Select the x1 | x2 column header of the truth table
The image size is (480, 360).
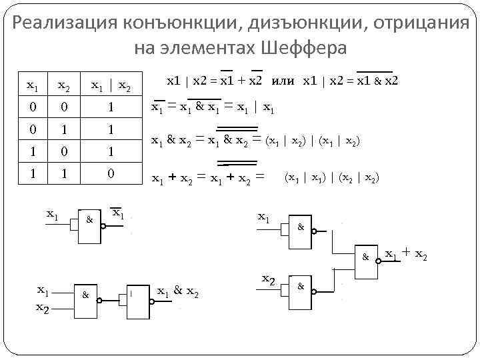[111, 85]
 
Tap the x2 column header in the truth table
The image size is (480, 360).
[64, 85]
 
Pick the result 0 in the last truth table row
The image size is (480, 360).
[111, 174]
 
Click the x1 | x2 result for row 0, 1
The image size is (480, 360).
[111, 129]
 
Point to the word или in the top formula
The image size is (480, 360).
[283, 81]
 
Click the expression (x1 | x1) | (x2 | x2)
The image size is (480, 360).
[332, 177]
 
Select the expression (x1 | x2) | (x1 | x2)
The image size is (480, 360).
[314, 141]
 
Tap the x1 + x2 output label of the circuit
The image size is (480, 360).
[407, 253]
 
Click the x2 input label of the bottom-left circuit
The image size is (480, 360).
[41, 307]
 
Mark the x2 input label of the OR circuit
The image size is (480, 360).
[269, 278]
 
